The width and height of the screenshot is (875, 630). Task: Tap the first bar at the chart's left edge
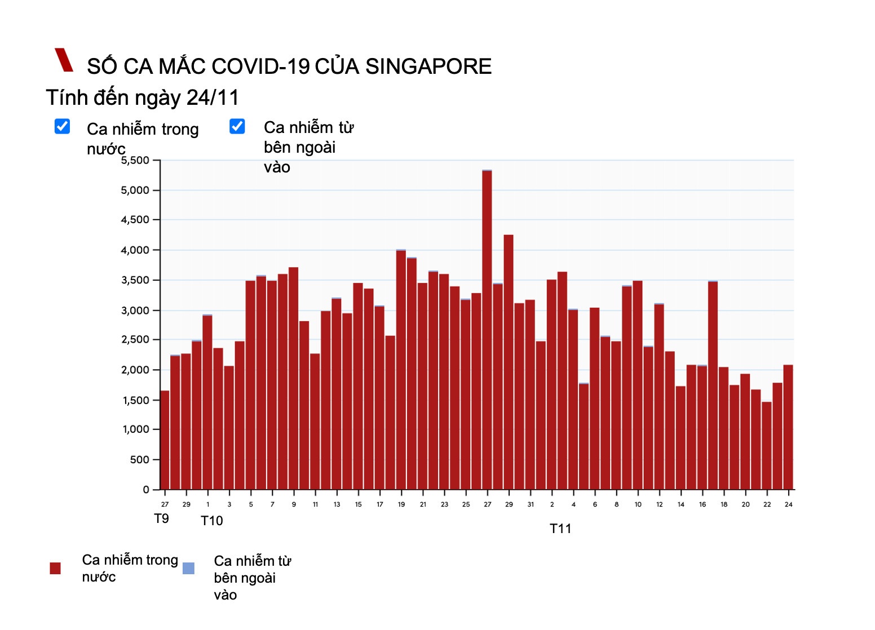coord(165,440)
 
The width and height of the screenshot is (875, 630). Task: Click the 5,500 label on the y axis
coord(135,161)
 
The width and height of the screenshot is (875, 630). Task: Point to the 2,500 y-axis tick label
coord(135,340)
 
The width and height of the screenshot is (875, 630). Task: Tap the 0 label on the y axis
coord(146,490)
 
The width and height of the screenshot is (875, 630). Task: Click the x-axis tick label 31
coord(531,504)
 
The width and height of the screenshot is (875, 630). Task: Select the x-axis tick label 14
coord(681,504)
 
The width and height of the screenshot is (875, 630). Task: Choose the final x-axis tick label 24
coord(788,504)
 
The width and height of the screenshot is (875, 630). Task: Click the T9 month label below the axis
coord(161,518)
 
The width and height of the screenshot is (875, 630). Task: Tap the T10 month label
coord(212,521)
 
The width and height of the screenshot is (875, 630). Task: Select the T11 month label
coord(560,529)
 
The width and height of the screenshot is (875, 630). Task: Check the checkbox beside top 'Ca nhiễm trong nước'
coord(63,126)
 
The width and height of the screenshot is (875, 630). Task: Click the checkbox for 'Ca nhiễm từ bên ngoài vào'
coord(237,126)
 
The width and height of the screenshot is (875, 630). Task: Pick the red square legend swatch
coord(55,568)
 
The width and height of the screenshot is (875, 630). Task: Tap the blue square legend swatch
coord(189,568)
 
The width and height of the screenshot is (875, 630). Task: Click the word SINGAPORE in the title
coord(428,66)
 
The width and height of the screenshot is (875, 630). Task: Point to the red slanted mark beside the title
coord(64,60)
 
